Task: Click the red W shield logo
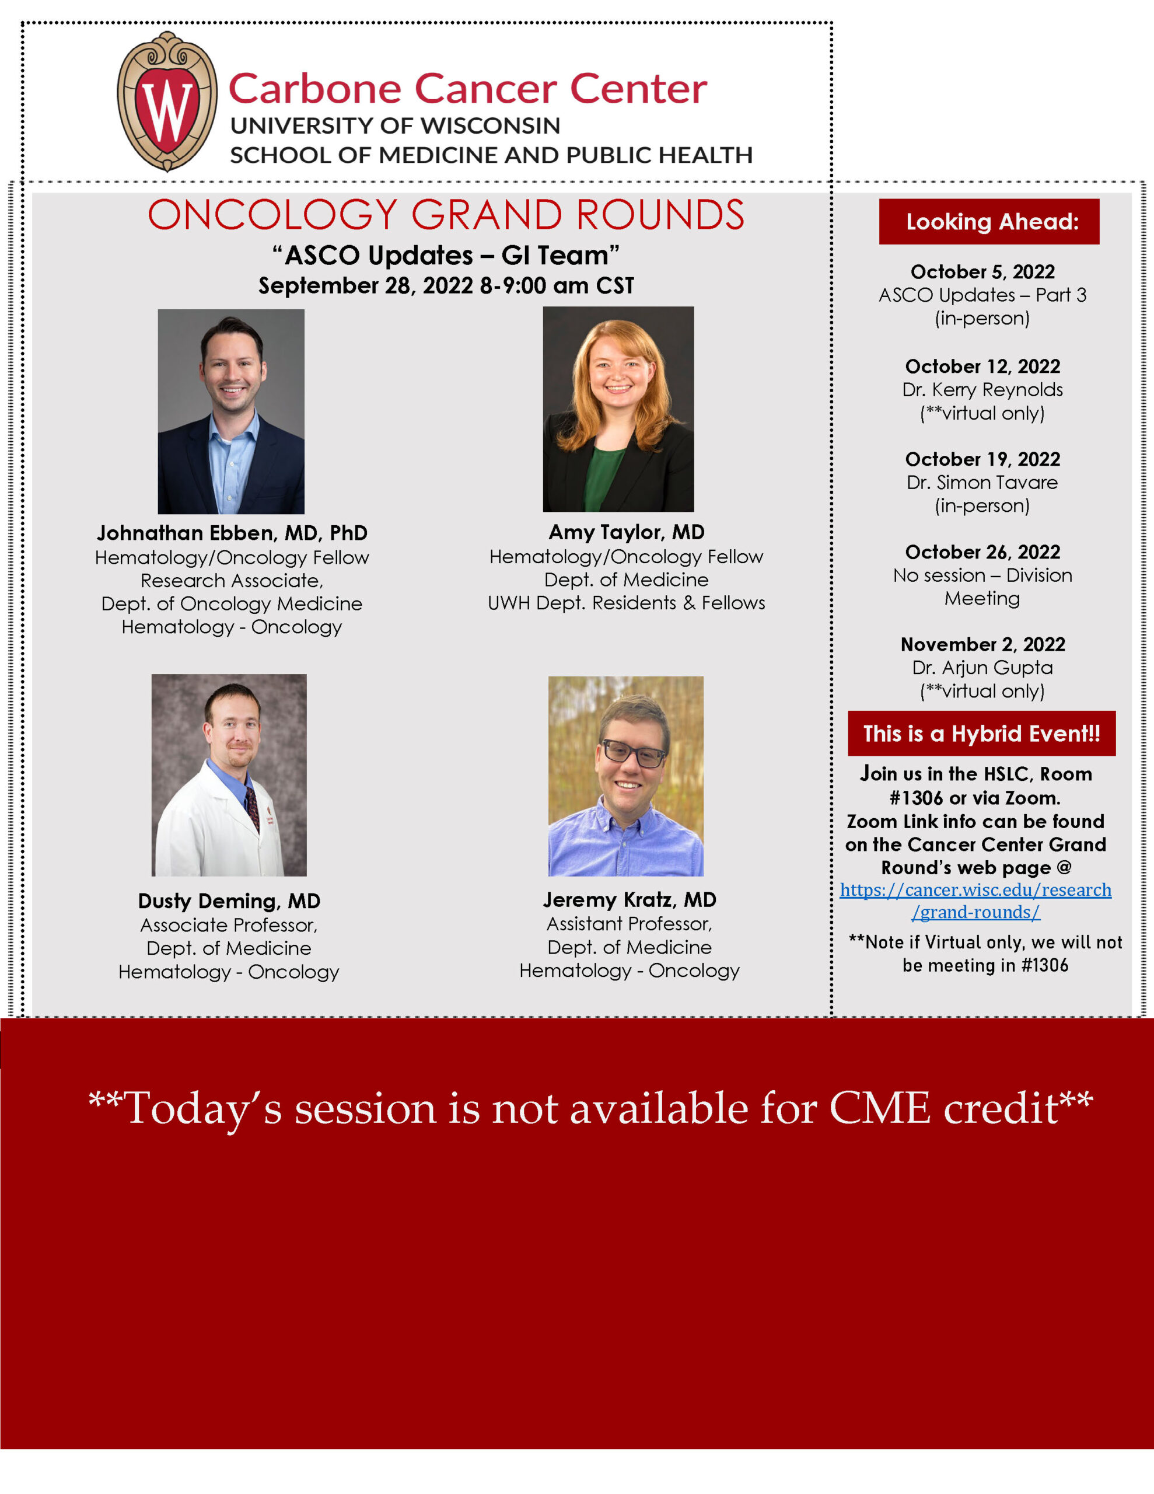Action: [167, 101]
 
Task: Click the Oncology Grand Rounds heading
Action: [446, 215]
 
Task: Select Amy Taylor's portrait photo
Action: [618, 409]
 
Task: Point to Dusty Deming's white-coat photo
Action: [229, 775]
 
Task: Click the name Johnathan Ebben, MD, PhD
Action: [232, 533]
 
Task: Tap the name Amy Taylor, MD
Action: [627, 532]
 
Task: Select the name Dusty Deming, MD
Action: [229, 901]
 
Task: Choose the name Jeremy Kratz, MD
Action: [630, 899]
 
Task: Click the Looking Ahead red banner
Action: [989, 222]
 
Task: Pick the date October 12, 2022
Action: [983, 366]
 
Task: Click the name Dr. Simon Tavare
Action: [982, 482]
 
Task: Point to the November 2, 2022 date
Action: [983, 644]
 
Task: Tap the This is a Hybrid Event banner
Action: [982, 734]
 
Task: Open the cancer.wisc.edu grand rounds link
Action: [975, 900]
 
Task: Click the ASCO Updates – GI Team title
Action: [446, 255]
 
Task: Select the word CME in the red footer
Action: [880, 1108]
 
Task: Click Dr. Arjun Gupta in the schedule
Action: [982, 668]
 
